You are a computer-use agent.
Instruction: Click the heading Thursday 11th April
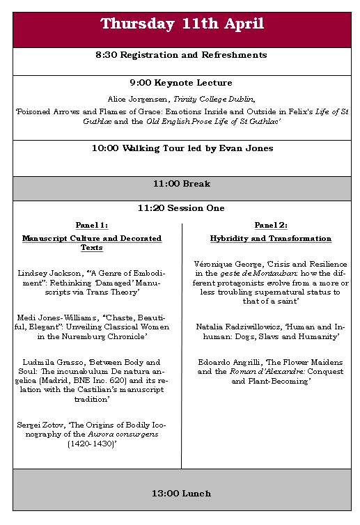(x=182, y=24)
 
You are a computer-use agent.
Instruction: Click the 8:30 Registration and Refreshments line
(x=181, y=55)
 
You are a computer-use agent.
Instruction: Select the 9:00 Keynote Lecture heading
(x=181, y=83)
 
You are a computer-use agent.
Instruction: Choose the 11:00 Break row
(x=182, y=185)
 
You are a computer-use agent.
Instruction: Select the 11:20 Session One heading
(x=181, y=208)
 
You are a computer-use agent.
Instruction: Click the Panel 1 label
(x=92, y=225)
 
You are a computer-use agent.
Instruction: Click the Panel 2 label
(x=271, y=225)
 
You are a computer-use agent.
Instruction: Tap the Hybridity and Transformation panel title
(x=271, y=239)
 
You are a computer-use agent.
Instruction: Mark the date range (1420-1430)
(x=91, y=443)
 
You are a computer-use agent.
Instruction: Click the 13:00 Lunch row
(x=181, y=494)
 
